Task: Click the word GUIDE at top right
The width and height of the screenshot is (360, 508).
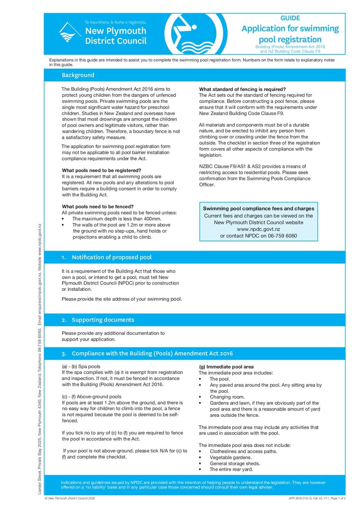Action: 290,18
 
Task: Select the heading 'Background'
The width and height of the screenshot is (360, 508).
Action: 78,75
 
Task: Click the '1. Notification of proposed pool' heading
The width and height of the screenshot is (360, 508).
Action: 107,257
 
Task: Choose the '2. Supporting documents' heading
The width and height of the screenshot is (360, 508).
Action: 98,320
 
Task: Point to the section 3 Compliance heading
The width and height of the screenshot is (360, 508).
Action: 147,353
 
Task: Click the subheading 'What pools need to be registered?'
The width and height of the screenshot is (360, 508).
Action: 101,171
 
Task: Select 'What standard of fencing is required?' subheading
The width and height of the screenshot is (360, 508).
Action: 242,89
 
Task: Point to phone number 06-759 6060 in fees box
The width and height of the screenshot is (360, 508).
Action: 282,236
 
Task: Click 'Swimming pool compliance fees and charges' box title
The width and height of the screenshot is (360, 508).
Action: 258,209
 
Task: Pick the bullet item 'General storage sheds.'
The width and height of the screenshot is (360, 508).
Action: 235,463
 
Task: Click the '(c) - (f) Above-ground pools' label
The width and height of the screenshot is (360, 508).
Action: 91,397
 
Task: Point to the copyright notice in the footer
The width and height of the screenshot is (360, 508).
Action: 70,499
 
